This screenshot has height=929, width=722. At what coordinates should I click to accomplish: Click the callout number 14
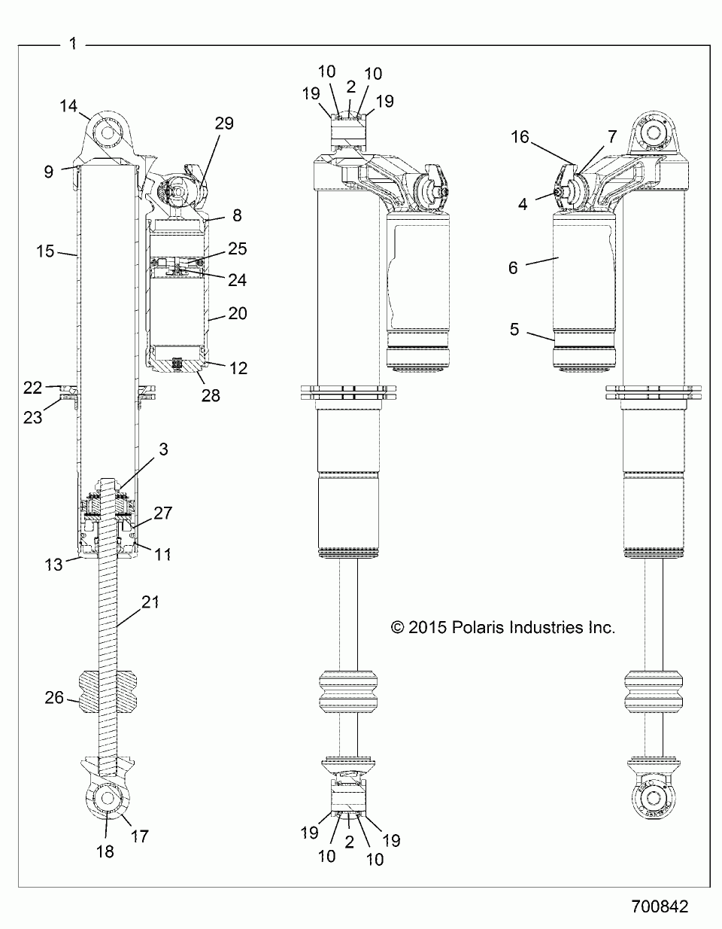[68, 106]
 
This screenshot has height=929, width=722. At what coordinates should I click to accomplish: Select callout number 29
[225, 123]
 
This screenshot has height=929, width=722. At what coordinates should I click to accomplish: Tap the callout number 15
[46, 251]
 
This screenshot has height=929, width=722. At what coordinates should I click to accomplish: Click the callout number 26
[54, 698]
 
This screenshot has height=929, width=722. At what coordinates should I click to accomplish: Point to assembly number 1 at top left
[72, 44]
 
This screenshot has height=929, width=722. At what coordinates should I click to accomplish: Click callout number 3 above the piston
[163, 449]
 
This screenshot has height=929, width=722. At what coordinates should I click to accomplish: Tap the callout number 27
[163, 513]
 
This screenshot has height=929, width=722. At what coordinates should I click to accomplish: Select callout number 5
[515, 329]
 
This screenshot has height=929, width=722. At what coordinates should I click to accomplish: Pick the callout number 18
[105, 851]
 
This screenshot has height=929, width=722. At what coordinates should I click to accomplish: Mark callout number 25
[238, 249]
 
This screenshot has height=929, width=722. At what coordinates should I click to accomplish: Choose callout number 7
[612, 136]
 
